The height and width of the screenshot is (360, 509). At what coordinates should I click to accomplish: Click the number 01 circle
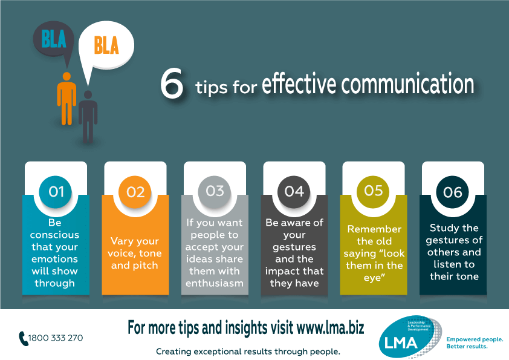pyautogui.click(x=56, y=192)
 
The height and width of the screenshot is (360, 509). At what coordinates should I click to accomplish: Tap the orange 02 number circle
pyautogui.click(x=135, y=192)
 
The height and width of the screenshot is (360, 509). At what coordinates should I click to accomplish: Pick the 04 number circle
pyautogui.click(x=294, y=191)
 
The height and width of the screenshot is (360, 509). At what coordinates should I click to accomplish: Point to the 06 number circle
pyautogui.click(x=452, y=192)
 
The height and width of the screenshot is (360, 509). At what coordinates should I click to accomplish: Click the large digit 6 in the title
pyautogui.click(x=172, y=85)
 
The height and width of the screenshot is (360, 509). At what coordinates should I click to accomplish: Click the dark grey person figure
pyautogui.click(x=88, y=115)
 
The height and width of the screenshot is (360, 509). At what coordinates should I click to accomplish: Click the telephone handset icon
pyautogui.click(x=24, y=338)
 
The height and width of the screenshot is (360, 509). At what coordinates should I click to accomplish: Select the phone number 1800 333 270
pyautogui.click(x=56, y=338)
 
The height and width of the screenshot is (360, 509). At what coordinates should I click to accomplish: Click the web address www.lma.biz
pyautogui.click(x=330, y=328)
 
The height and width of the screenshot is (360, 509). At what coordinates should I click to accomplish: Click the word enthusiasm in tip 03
pyautogui.click(x=215, y=283)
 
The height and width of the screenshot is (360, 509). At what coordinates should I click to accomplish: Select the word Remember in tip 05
pyautogui.click(x=374, y=229)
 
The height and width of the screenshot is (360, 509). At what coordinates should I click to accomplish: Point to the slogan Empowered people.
pyautogui.click(x=475, y=339)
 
